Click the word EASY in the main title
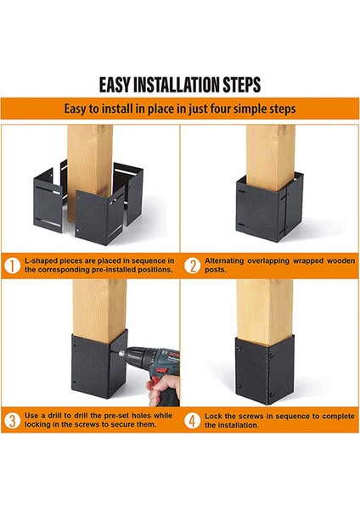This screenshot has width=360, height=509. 115,85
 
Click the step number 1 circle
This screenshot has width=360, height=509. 12,266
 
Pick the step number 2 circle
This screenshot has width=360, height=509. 192,266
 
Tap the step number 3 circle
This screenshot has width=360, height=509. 12,421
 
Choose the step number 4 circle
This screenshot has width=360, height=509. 192,421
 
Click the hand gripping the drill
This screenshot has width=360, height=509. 163,389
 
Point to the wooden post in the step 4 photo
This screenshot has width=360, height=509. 264,311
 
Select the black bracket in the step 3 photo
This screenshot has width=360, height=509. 98,365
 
